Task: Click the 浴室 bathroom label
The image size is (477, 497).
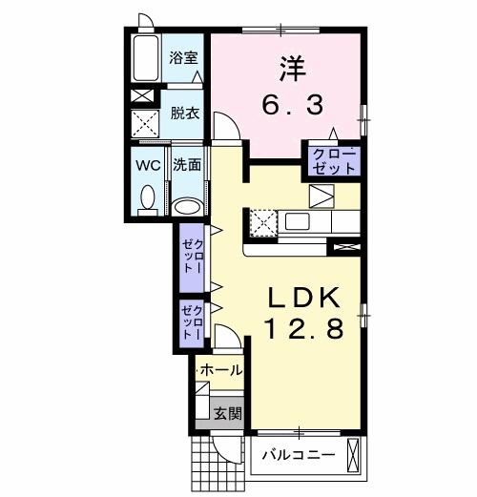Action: click(x=184, y=58)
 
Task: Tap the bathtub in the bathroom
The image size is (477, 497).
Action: click(x=148, y=60)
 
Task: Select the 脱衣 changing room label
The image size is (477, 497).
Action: click(x=184, y=113)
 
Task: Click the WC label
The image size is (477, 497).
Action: click(x=147, y=163)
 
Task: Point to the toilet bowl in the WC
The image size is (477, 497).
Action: click(x=148, y=197)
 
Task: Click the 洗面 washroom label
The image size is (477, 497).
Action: click(x=187, y=164)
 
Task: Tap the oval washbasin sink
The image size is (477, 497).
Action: click(x=188, y=205)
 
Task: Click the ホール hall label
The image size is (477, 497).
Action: click(x=220, y=370)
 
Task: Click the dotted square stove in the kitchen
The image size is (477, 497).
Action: click(x=262, y=223)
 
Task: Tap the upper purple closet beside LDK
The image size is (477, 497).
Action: click(x=193, y=254)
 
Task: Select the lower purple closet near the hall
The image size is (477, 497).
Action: click(x=193, y=322)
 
